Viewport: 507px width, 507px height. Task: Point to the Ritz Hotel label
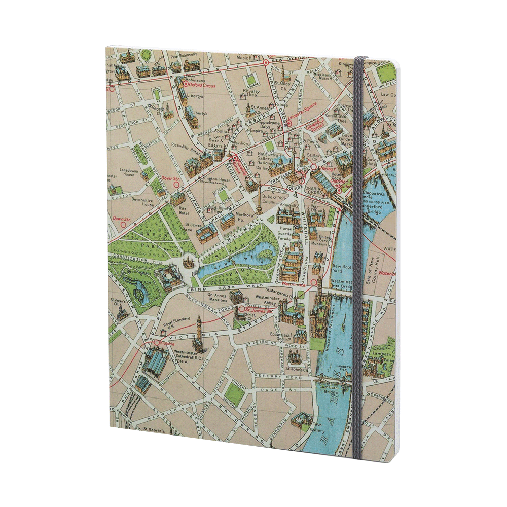[184, 210]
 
